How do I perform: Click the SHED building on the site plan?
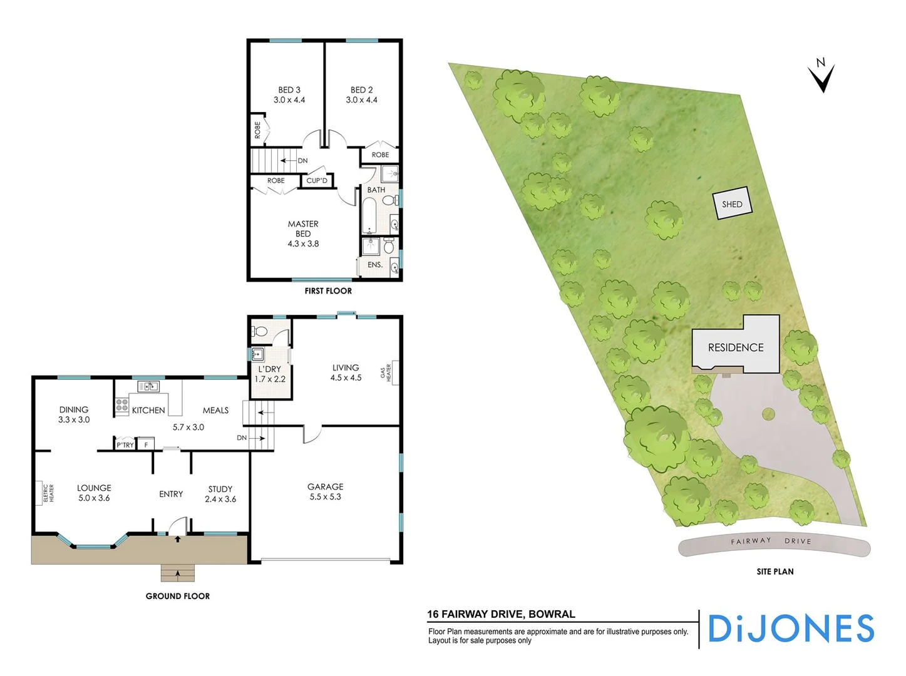pos(732,204)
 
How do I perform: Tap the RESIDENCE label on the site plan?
pos(736,347)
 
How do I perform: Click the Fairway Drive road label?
pos(771,541)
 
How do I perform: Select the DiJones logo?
pos(791,628)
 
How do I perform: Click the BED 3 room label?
pos(289,95)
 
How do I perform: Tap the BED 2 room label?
pos(362,95)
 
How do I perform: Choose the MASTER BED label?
pos(303,233)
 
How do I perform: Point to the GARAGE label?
pos(325,491)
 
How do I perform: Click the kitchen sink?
pos(148,386)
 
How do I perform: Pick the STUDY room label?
pos(220,494)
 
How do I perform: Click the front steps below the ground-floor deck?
pos(178,573)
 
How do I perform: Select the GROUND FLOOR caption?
pos(178,596)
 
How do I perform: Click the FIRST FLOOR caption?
pos(328,291)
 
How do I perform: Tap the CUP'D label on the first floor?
pos(317,181)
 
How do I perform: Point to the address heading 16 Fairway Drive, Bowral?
pos(501,614)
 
